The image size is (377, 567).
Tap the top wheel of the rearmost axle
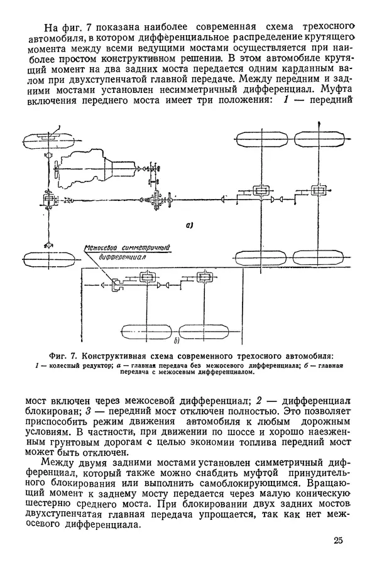click(314, 139)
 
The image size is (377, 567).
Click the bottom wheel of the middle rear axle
click(260, 259)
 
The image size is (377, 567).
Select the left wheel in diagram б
click(147, 330)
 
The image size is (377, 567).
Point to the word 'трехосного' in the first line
click(330, 28)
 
